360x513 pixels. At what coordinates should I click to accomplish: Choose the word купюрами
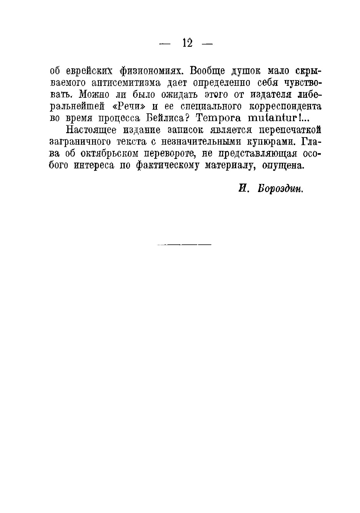tap(271, 142)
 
